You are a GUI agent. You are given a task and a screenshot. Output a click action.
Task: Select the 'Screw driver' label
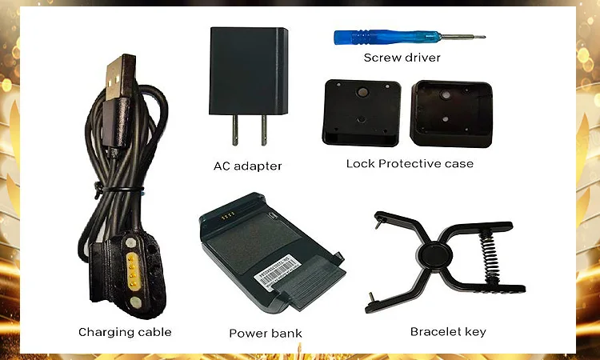coord(402,58)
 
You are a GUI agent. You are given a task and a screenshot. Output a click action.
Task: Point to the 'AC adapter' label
coord(247,166)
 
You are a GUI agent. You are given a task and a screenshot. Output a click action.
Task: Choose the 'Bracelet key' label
coord(448,331)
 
